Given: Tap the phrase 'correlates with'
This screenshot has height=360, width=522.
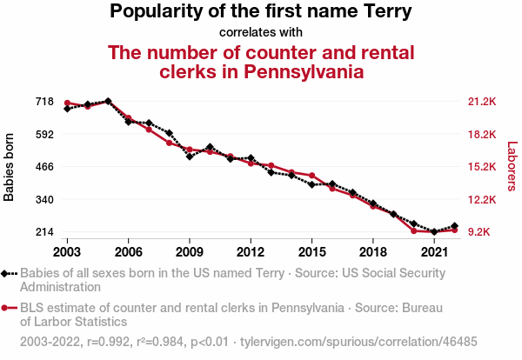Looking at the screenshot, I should coord(260,32).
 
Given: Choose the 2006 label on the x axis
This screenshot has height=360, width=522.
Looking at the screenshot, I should coord(128,251).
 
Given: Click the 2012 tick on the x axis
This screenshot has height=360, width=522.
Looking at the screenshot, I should coord(251,251).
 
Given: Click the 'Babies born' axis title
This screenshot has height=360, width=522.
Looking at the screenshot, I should coord(10,167).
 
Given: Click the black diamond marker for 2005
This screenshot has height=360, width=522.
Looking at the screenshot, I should coord(108,101).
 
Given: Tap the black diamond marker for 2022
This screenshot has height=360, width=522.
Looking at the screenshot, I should coord(454,226).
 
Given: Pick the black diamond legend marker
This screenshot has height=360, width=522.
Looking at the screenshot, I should coord(7,272).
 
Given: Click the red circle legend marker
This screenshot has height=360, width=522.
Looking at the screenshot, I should coord(7,308).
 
